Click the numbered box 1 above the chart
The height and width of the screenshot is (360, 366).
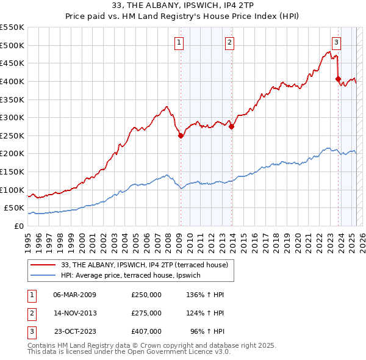pyautogui.click(x=179, y=42)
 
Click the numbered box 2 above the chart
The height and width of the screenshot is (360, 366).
pyautogui.click(x=229, y=42)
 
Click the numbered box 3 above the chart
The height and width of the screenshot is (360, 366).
pyautogui.click(x=336, y=42)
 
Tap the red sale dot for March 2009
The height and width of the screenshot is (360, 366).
pyautogui.click(x=181, y=136)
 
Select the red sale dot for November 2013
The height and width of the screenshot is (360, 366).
pyautogui.click(x=232, y=127)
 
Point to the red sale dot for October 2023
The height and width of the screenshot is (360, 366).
pyautogui.click(x=338, y=79)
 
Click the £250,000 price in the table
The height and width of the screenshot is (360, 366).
pyautogui.click(x=146, y=295)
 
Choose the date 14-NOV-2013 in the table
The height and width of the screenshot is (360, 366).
pyautogui.click(x=75, y=313)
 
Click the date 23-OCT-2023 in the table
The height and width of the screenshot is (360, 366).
pyautogui.click(x=75, y=331)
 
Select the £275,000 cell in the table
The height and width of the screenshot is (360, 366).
pyautogui.click(x=146, y=313)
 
